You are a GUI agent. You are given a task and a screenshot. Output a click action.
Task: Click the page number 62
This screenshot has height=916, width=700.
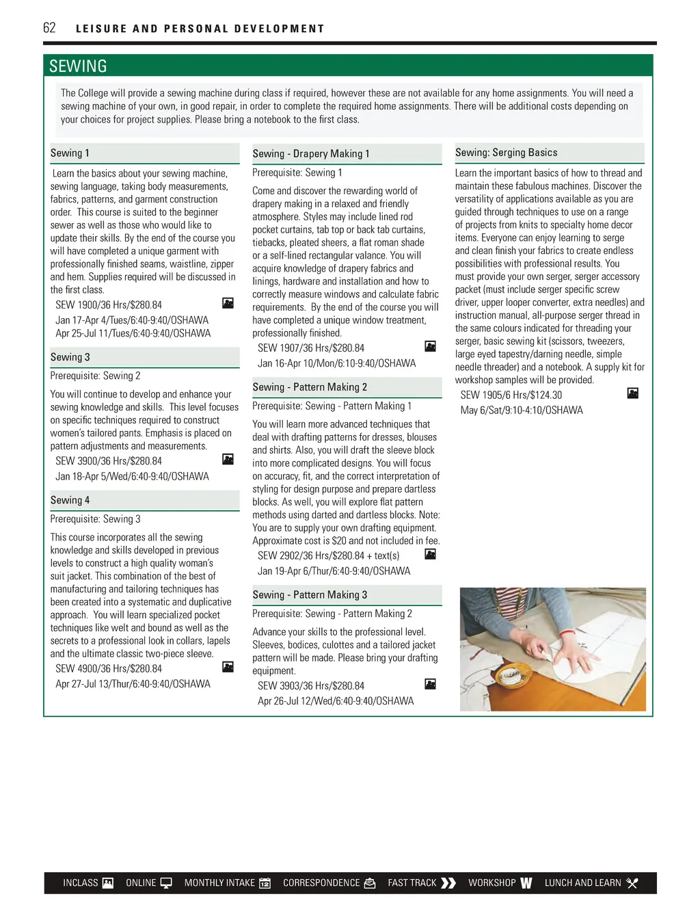(49, 28)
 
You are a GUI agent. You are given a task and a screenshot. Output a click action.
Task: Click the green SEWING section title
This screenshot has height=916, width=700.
(78, 66)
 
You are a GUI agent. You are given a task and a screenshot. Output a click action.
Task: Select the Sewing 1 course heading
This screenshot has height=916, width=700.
(70, 153)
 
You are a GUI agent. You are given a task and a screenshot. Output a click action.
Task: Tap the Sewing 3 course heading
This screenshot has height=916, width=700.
(70, 357)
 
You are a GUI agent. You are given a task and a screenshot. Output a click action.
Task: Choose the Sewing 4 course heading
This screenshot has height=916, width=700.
(70, 500)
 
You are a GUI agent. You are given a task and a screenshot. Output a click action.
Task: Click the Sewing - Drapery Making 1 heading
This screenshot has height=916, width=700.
(310, 154)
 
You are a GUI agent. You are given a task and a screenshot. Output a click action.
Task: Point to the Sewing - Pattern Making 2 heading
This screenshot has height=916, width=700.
(309, 387)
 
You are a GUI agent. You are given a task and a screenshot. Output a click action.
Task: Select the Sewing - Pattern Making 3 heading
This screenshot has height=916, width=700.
(309, 595)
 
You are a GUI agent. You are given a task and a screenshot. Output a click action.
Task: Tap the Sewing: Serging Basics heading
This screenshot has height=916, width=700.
(506, 153)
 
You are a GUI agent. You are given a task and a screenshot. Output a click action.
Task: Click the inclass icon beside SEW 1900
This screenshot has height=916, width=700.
(228, 303)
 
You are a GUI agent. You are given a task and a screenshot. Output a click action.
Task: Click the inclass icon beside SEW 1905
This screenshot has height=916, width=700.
(633, 393)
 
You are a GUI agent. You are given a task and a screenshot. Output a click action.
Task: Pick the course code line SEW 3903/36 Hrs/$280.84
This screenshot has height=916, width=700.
(310, 685)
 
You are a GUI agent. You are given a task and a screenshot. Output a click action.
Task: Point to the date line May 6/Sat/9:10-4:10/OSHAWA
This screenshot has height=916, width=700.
(522, 410)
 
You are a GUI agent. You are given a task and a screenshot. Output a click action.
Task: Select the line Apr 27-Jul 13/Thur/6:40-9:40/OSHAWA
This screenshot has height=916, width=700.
(133, 684)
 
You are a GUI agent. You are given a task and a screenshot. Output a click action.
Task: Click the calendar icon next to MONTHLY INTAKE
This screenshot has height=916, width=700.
(265, 883)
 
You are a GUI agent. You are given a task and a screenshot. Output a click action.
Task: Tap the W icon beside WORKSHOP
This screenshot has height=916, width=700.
(526, 883)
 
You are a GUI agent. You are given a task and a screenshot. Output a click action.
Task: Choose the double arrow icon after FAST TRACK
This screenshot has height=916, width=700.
(448, 883)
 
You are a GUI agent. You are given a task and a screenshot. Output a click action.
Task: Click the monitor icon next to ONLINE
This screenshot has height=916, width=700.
(166, 883)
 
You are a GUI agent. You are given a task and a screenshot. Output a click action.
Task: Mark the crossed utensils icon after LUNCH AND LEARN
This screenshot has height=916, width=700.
(632, 883)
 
